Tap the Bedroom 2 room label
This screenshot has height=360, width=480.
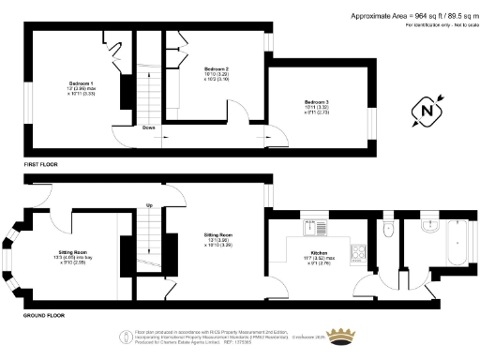(216, 69)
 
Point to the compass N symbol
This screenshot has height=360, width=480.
(427, 112)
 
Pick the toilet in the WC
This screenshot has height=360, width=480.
(387, 229)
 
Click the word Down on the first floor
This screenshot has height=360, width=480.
(149, 127)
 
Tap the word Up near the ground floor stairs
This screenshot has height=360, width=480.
(148, 206)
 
